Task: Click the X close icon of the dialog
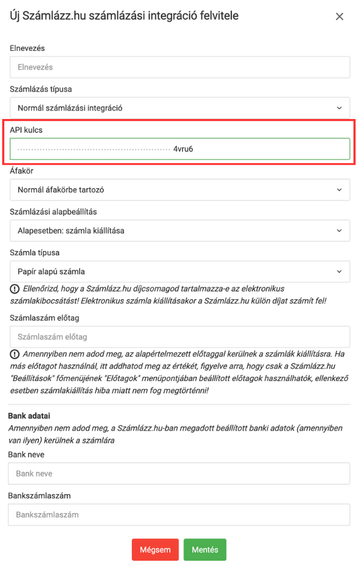coord(339,17)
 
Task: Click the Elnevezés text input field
coord(179,68)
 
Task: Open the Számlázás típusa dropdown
coord(179,108)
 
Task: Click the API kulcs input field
coord(179,149)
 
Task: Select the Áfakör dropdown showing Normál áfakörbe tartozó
coord(179,190)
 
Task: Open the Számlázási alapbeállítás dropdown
coord(179,231)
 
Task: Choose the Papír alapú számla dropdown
coord(179,271)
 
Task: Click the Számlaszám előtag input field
coord(179,337)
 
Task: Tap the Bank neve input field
coord(179,474)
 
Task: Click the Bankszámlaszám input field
coord(179,515)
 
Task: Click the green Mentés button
coord(205,550)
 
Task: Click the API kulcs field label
coord(27,130)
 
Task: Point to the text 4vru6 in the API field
coord(183,149)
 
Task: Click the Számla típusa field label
coord(35,253)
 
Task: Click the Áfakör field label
coord(22,171)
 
